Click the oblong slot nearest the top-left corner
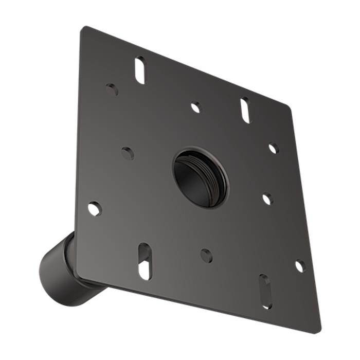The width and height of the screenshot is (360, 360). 140,70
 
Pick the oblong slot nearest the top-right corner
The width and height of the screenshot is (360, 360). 245,110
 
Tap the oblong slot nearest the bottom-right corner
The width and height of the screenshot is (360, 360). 265,291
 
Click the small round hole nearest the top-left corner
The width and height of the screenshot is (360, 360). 112,89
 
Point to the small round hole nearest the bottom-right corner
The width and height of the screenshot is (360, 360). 299,266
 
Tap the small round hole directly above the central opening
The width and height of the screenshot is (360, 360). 195,107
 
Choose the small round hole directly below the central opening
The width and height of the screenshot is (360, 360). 206,255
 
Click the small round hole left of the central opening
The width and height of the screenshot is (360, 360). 128,153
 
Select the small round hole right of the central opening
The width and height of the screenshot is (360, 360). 267,199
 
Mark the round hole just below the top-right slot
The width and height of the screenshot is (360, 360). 273,148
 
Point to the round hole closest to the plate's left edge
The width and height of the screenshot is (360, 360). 95,208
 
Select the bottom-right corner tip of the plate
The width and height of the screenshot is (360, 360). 318,332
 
